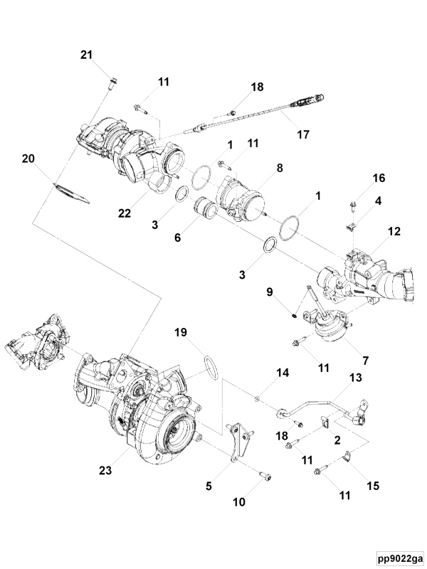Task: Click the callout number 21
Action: click(86, 55)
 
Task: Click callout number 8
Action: click(280, 169)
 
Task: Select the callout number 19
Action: click(181, 331)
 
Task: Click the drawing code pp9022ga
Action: click(400, 557)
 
